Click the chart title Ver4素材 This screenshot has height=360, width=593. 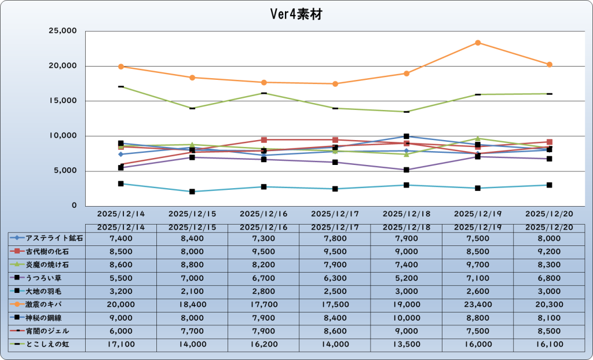(x=296, y=14)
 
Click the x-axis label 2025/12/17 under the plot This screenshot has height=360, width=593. (x=335, y=214)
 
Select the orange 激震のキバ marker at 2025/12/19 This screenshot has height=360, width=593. (x=478, y=43)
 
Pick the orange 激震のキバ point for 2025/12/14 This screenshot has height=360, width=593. (x=121, y=67)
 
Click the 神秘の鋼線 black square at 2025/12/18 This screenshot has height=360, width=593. (x=407, y=137)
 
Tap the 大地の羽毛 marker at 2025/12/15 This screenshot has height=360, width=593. (x=192, y=192)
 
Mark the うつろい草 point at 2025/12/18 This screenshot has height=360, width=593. (x=407, y=170)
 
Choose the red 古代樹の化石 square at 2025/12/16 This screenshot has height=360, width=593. (x=264, y=140)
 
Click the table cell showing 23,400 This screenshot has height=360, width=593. (x=477, y=304)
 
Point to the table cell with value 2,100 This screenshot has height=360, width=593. (x=192, y=291)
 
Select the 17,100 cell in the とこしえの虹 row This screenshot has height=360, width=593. (x=121, y=344)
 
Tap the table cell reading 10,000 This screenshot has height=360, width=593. (x=406, y=318)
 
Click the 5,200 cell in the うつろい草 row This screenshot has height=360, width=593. (x=406, y=278)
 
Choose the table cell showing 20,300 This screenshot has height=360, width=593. (x=549, y=304)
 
